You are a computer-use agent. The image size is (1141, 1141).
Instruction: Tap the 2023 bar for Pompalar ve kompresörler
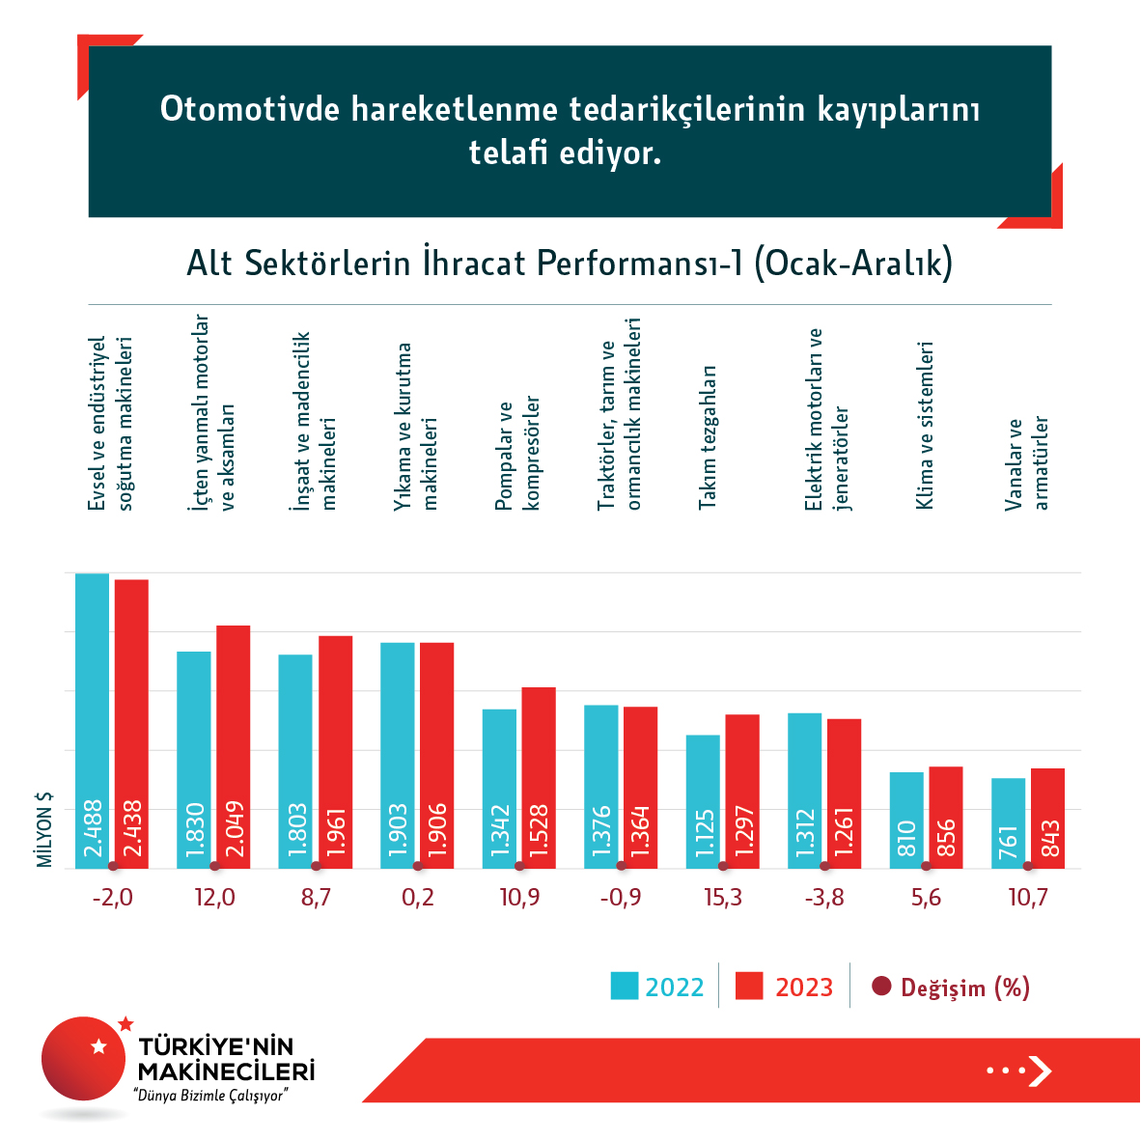[539, 777]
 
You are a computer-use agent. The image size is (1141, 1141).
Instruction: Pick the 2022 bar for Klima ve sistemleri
[906, 820]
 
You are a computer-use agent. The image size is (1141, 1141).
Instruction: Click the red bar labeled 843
[1047, 818]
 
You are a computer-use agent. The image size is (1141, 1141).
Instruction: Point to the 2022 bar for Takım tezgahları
[703, 801]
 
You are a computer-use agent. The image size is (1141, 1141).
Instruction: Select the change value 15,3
[723, 898]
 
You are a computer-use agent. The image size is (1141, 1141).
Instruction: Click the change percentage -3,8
[824, 898]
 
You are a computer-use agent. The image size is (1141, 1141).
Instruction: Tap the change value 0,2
[417, 898]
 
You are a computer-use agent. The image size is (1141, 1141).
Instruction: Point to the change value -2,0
[112, 898]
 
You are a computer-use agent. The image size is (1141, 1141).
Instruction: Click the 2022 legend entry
[657, 987]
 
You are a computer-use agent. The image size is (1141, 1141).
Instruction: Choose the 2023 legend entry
[784, 987]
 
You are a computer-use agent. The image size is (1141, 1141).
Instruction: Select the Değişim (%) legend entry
[951, 987]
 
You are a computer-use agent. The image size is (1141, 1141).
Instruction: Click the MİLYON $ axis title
[44, 830]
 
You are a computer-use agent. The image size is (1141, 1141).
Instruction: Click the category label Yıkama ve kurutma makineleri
[416, 426]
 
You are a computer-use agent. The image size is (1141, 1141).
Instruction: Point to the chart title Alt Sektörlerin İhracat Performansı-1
[570, 263]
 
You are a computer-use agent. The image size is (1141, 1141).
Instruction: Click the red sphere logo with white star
[85, 1058]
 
